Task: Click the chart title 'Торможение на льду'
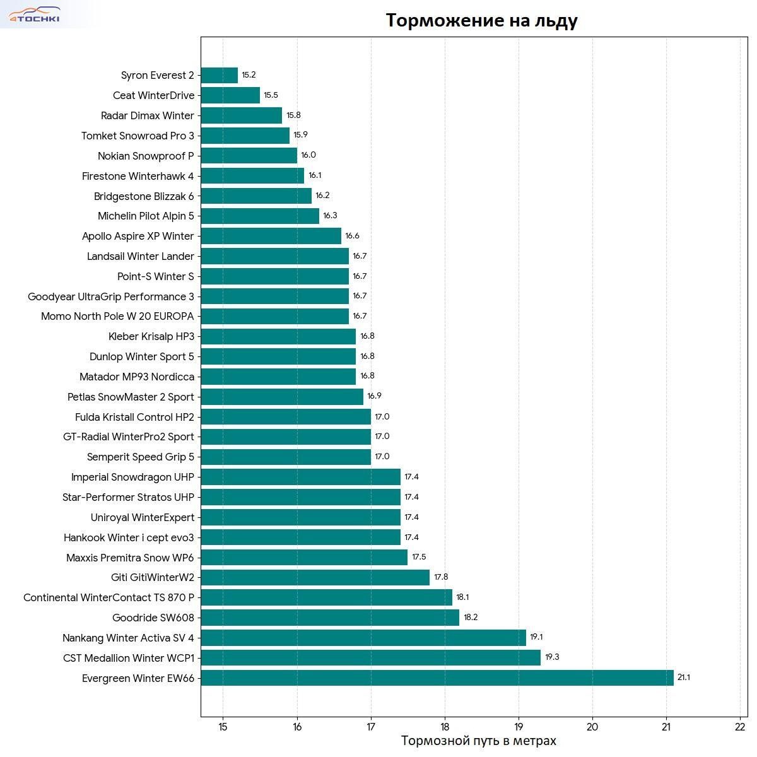(481, 20)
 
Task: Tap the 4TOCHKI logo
(34, 15)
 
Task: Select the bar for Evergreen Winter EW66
(437, 678)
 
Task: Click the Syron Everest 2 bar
(219, 75)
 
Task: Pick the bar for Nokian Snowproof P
(249, 156)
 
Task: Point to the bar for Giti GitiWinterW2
(315, 577)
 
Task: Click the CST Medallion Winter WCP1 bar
(370, 658)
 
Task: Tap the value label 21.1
(683, 678)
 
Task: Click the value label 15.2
(249, 75)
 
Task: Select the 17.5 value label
(419, 557)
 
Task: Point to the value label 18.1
(462, 597)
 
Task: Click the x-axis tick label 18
(445, 727)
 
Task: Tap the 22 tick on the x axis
(740, 727)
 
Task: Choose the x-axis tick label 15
(223, 727)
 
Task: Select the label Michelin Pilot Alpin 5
(146, 216)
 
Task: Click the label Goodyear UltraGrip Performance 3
(111, 296)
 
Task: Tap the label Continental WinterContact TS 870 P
(109, 597)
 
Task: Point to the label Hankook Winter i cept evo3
(129, 537)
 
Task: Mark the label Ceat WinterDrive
(153, 95)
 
